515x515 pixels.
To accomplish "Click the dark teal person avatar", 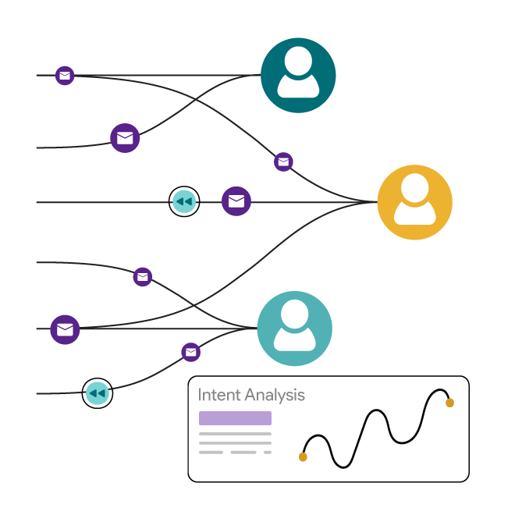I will pyautogui.click(x=298, y=75).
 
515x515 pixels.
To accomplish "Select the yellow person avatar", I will pyautogui.click(x=414, y=202).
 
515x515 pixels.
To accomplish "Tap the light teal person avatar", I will pyautogui.click(x=294, y=329).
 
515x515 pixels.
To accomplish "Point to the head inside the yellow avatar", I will pyautogui.click(x=414, y=188).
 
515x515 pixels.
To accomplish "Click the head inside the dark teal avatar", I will pyautogui.click(x=298, y=61).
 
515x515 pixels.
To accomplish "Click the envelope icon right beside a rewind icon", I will pyautogui.click(x=236, y=201).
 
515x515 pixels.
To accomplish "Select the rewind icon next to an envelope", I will pyautogui.click(x=184, y=201).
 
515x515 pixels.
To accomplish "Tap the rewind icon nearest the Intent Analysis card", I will pyautogui.click(x=97, y=393).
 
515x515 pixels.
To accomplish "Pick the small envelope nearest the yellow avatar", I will pyautogui.click(x=283, y=162).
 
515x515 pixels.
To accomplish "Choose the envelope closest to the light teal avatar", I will pyautogui.click(x=191, y=352).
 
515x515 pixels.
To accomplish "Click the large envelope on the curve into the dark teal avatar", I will pyautogui.click(x=125, y=138).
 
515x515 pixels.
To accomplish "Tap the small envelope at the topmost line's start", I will pyautogui.click(x=65, y=76).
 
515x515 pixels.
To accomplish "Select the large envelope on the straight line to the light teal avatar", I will pyautogui.click(x=65, y=329).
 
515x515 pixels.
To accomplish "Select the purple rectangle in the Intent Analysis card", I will pyautogui.click(x=235, y=418).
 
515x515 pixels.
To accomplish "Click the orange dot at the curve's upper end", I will pyautogui.click(x=449, y=403).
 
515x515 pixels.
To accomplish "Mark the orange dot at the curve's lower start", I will pyautogui.click(x=303, y=456).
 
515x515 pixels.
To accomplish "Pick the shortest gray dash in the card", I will pyautogui.click(x=268, y=452).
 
